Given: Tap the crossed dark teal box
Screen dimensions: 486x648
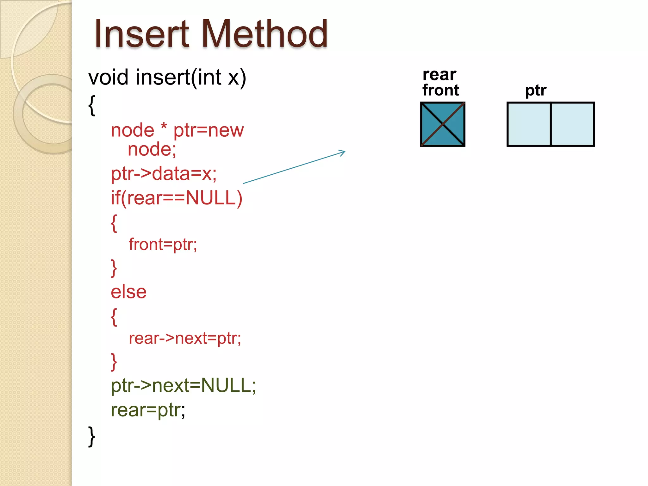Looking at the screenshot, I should (442, 124).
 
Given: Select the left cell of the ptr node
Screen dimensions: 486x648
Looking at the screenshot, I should (529, 124).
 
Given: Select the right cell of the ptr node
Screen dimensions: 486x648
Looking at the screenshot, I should (572, 124).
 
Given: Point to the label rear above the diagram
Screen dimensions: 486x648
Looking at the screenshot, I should (439, 75).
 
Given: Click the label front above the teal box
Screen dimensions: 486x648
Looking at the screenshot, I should (440, 90).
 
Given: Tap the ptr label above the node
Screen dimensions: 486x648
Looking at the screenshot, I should (536, 90).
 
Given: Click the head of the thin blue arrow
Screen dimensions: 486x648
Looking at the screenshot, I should (344, 153).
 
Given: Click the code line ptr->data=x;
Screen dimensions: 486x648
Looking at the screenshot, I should (164, 174).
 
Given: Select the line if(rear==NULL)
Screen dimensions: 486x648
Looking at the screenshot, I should (176, 198).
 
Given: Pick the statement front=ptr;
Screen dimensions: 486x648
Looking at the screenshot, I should (163, 244).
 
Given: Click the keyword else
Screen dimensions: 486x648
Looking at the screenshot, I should (128, 292).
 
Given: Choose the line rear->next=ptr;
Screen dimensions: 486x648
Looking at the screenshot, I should (185, 338).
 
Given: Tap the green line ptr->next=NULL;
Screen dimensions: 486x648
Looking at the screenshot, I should (183, 385).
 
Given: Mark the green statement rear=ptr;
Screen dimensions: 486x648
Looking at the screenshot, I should (148, 410).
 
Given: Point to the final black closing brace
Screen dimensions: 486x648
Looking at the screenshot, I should (91, 437).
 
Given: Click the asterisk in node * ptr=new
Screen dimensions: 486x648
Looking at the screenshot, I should (164, 128).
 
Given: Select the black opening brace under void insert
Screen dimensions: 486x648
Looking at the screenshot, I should (91, 106).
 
